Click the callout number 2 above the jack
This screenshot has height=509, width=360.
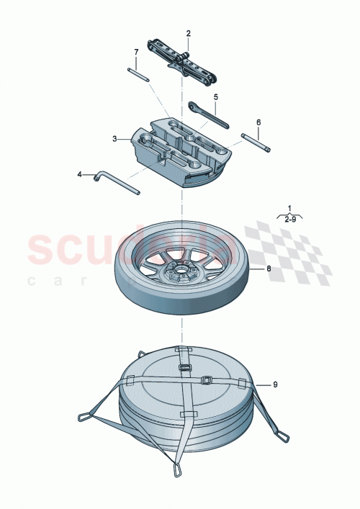pos(189,33)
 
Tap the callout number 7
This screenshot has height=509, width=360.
pos(135,52)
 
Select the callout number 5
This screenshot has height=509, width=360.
pos(215,96)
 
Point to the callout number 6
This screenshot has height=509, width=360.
pos(258,122)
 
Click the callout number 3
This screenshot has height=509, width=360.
pos(114,138)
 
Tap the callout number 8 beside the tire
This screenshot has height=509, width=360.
pos(269,269)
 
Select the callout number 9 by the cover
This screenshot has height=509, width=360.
pos(274,386)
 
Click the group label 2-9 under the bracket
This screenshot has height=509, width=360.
pos(292,220)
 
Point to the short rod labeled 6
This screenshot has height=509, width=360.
pos(256,143)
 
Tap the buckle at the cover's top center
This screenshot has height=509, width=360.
pos(184,367)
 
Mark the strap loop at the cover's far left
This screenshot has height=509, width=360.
pos(86,417)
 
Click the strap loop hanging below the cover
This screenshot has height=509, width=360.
pos(176,469)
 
